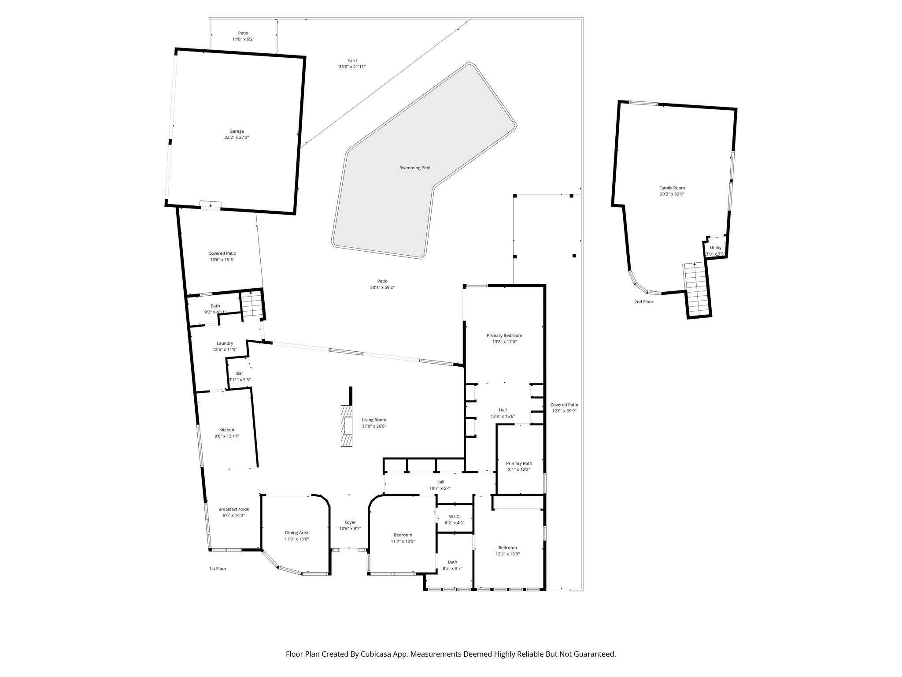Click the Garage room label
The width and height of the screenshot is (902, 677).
coord(237,131)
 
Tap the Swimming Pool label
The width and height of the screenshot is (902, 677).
coord(415,168)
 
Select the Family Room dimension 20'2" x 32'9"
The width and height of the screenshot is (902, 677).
coord(672,194)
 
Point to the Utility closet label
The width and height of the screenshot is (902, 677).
coord(715,248)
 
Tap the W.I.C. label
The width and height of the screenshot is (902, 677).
coord(455,517)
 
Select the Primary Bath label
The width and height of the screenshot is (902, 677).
coord(519,463)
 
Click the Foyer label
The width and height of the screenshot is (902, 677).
coord(350,522)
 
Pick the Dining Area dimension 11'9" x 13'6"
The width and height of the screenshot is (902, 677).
coord(296,539)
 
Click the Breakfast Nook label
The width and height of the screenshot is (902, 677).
coord(233,509)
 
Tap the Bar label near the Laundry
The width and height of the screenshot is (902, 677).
coord(239,373)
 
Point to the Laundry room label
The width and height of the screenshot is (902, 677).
coord(225,343)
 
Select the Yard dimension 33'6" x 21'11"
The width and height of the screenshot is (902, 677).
coord(352,67)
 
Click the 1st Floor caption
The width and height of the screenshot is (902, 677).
coord(218,569)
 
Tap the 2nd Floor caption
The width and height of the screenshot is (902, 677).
coord(643,302)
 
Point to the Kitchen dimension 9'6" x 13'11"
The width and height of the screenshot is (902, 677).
coord(227,436)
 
